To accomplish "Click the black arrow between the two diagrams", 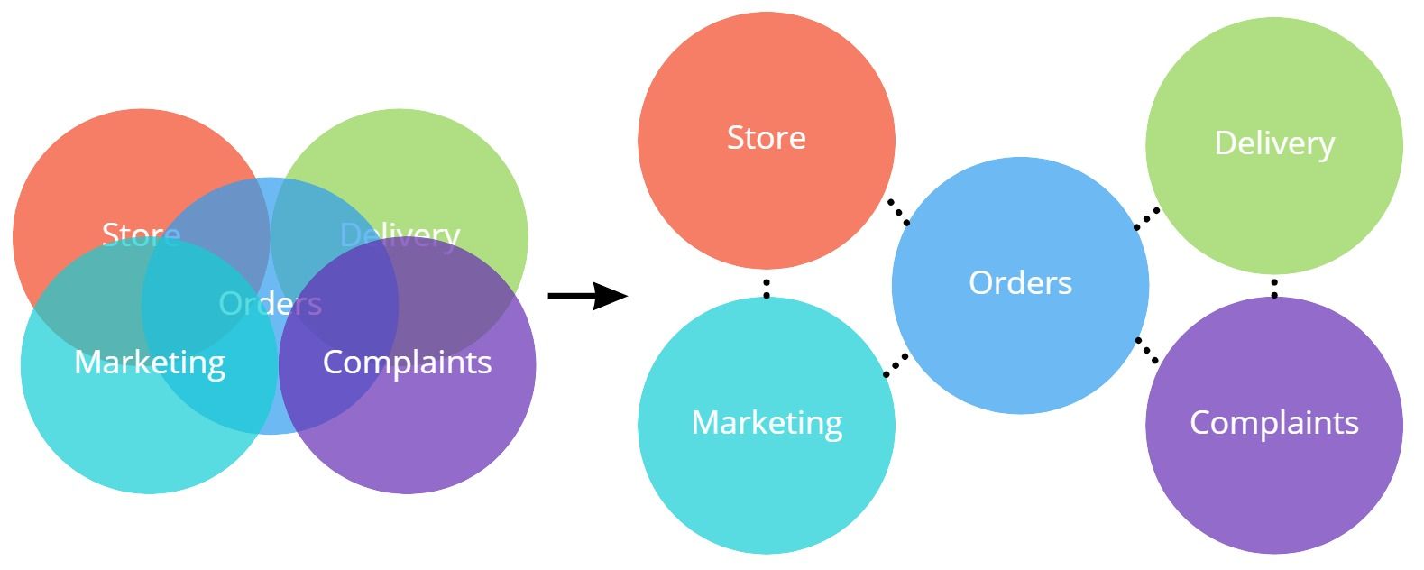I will (x=586, y=296).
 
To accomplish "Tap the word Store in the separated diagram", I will (x=767, y=138).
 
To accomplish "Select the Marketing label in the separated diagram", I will (x=767, y=422).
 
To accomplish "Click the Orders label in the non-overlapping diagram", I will (x=1020, y=283).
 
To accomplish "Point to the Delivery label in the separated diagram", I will (x=1274, y=143).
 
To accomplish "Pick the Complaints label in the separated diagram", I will (x=1274, y=422).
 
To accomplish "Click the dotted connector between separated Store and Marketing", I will (x=767, y=288).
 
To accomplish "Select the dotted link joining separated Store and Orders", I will (x=897, y=212).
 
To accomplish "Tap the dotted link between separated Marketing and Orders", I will (x=896, y=364).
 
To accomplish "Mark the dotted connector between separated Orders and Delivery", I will (x=1146, y=218).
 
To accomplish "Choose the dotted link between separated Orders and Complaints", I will (x=1146, y=350).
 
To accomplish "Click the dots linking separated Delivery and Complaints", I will (x=1274, y=288).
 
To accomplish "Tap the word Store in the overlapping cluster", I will (x=141, y=234).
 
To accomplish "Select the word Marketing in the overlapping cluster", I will (x=150, y=363).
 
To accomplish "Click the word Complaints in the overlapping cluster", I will (x=407, y=363).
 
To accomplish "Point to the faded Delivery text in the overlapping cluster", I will (x=400, y=234).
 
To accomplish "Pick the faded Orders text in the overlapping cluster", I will (x=271, y=304).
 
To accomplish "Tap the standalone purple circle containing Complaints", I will (x=1274, y=487).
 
